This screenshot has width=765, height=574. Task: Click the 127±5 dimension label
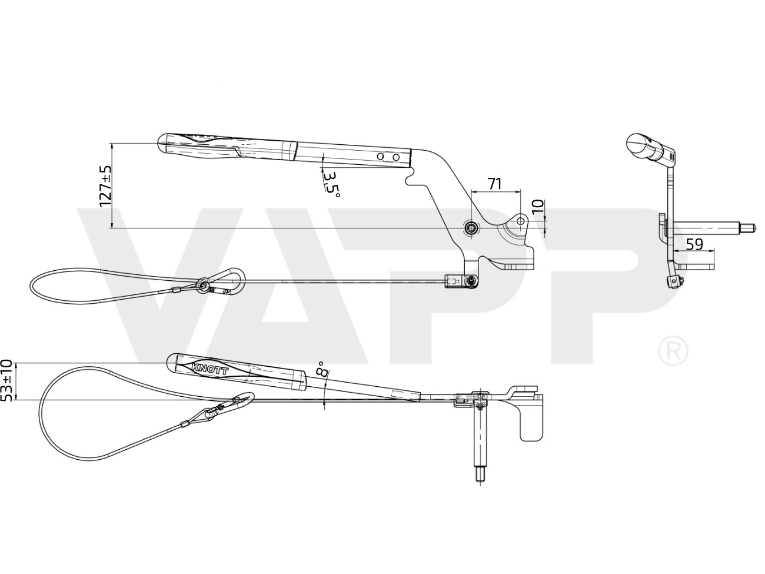[105, 186]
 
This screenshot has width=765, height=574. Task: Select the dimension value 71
[494, 183]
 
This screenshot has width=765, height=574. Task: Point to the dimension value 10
[538, 208]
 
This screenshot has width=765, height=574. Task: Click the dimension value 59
[694, 244]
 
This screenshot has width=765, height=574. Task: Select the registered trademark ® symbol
[673, 350]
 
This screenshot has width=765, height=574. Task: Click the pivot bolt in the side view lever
[471, 228]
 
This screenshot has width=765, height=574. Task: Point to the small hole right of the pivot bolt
[520, 221]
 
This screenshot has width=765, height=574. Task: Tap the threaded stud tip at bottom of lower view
[480, 477]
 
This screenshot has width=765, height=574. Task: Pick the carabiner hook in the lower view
[230, 406]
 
